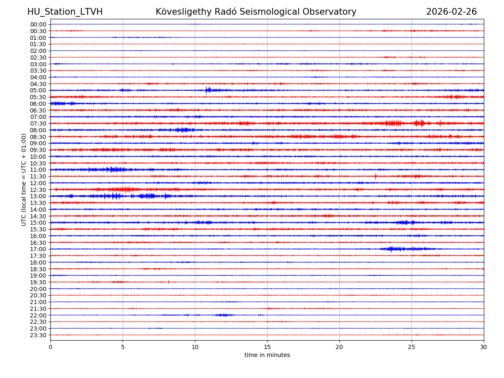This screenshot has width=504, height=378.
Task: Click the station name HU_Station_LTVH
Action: (x=65, y=12)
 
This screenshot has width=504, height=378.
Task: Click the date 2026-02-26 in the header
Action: (x=451, y=12)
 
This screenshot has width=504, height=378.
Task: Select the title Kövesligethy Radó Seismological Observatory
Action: (x=256, y=12)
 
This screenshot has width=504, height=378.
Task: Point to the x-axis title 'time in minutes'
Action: (x=267, y=355)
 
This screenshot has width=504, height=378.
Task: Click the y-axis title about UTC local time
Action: (x=24, y=180)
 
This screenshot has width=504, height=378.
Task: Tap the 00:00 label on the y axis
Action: (x=38, y=24)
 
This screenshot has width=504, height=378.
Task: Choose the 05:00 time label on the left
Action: (x=38, y=90)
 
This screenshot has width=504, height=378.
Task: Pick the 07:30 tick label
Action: (x=38, y=123)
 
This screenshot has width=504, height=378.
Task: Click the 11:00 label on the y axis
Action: (x=38, y=170)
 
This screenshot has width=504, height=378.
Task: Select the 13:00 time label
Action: (x=38, y=196)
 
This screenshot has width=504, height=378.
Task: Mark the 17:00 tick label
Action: (x=38, y=249)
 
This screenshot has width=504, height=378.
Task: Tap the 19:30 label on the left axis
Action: (x=38, y=282)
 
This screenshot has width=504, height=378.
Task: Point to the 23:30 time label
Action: (x=38, y=335)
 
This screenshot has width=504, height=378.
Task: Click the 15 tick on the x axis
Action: (x=267, y=347)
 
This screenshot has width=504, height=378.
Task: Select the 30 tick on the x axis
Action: (x=484, y=347)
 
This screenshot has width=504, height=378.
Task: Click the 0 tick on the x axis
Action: (x=50, y=347)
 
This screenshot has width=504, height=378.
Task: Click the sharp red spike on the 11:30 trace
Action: (x=375, y=176)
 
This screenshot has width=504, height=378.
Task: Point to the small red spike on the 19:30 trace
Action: (x=169, y=282)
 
